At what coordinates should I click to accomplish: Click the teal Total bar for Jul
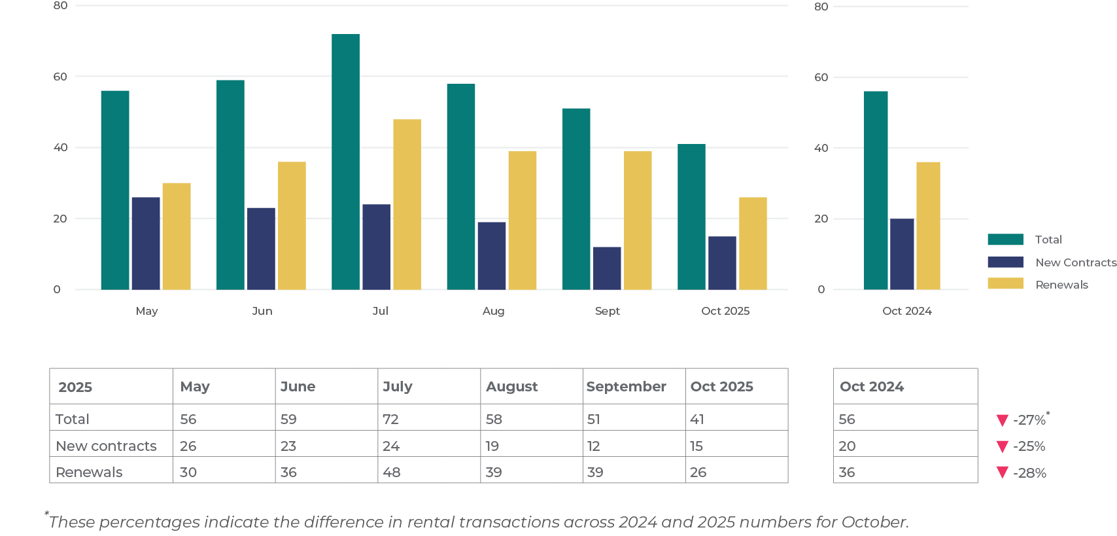click(345, 162)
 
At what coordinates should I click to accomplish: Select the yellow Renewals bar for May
click(177, 236)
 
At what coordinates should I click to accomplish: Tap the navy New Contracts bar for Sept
click(607, 268)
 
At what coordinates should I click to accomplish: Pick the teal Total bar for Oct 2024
click(876, 190)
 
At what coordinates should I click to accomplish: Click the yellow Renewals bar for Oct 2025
click(753, 243)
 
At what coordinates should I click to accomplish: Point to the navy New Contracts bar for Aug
click(492, 255)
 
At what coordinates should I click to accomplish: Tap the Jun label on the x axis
click(262, 311)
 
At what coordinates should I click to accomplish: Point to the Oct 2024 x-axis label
click(906, 311)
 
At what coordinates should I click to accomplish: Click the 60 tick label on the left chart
click(60, 77)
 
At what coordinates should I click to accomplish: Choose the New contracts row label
click(107, 446)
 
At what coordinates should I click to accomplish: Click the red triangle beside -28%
click(1002, 473)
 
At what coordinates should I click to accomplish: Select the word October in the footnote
click(874, 522)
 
